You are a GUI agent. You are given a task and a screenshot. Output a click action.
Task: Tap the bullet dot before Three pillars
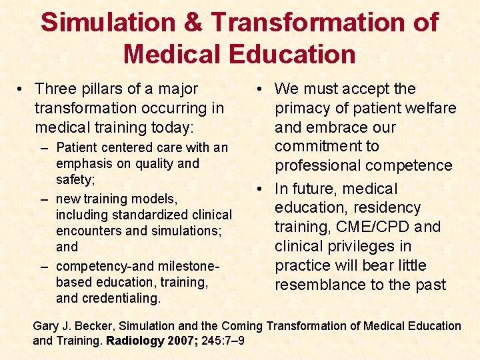coord(22,89)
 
